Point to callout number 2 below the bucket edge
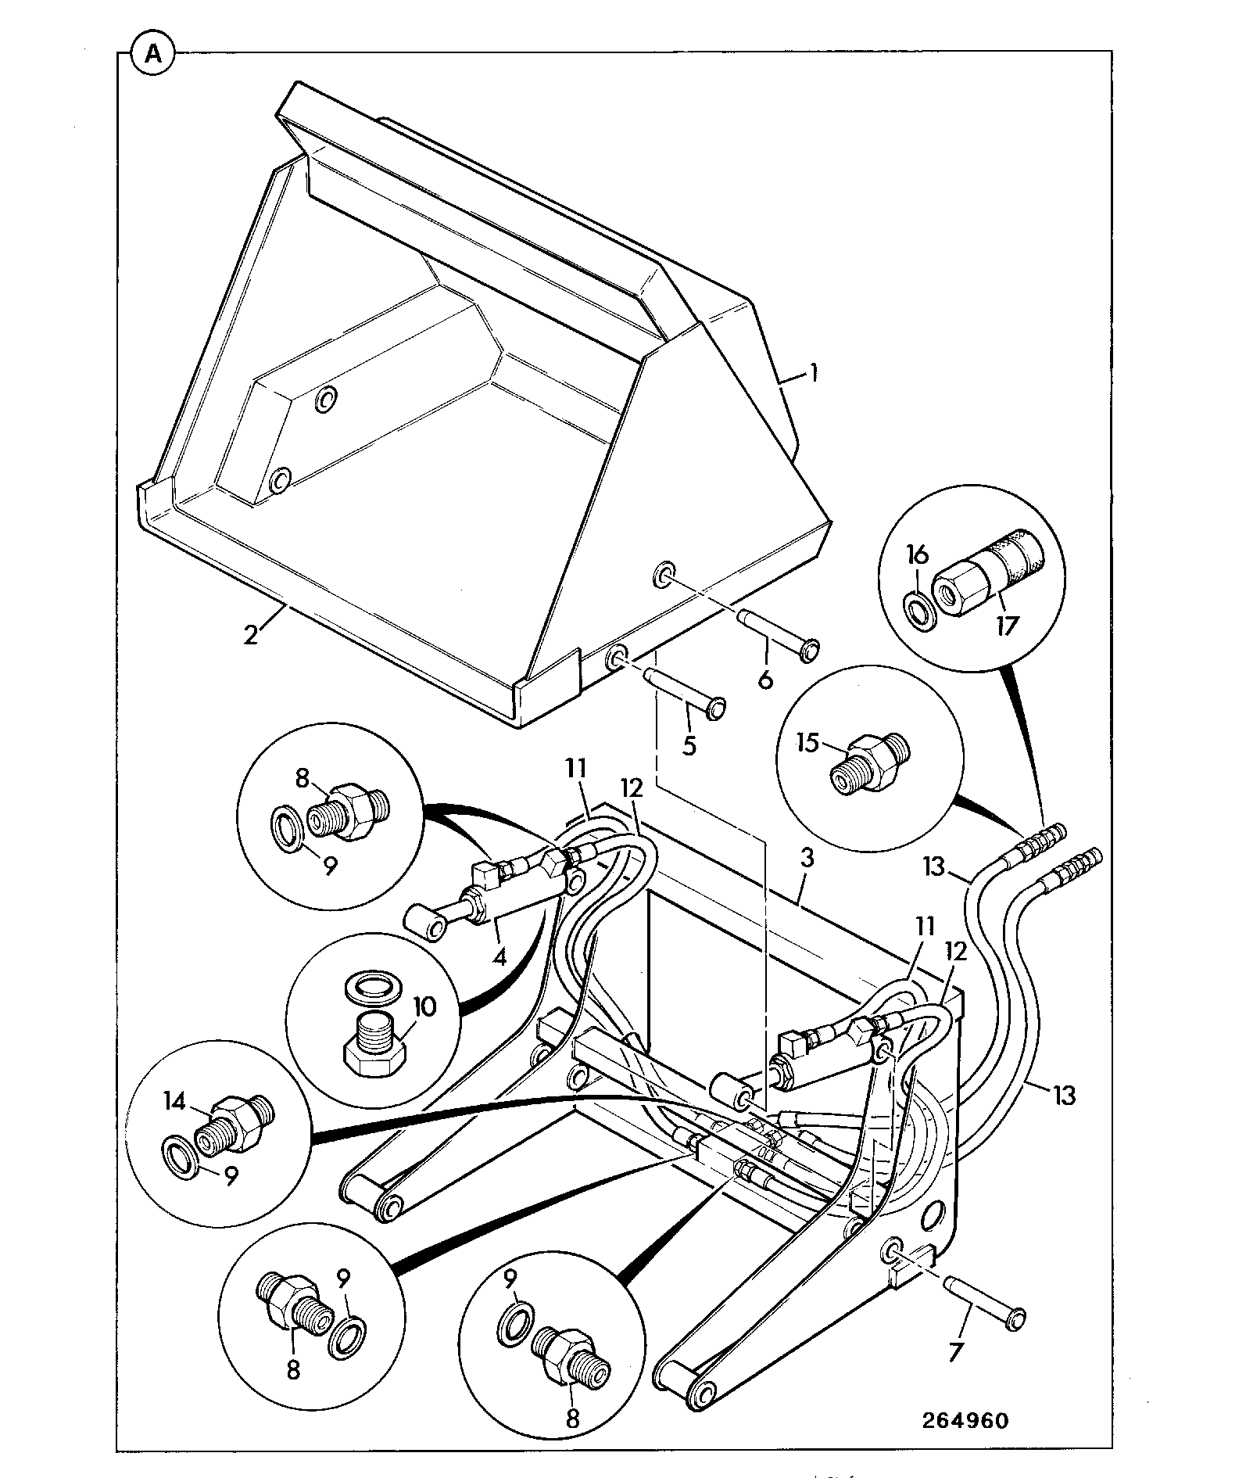[250, 633]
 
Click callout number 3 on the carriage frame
[807, 858]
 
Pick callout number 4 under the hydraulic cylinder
[497, 955]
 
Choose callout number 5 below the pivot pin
[689, 744]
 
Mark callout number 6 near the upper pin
[766, 678]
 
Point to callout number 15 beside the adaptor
[810, 741]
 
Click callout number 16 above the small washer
[918, 556]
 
